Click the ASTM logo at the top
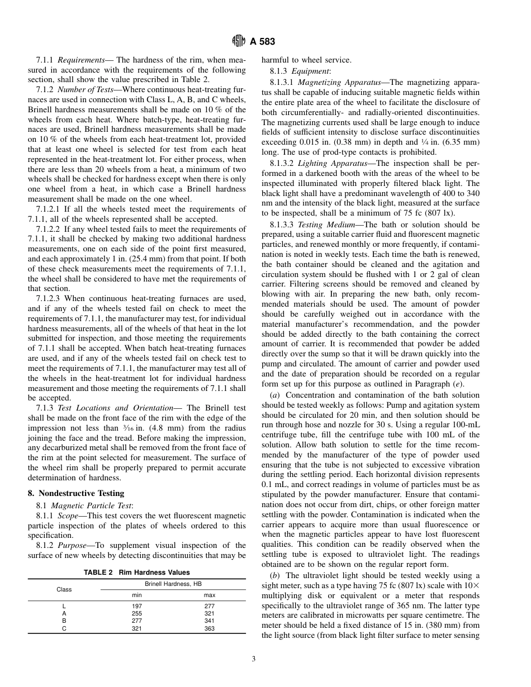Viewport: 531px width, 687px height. coord(239,41)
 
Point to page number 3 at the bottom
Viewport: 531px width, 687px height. coord(253,659)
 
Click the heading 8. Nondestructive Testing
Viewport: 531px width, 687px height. coord(76,493)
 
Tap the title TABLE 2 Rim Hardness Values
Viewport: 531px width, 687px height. coord(136,572)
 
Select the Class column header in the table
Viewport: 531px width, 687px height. coord(64,589)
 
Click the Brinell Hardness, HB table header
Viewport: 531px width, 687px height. coord(173,584)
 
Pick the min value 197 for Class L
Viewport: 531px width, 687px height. coord(137,605)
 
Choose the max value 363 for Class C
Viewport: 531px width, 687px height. coord(210,628)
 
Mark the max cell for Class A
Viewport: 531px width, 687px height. coord(210,613)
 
